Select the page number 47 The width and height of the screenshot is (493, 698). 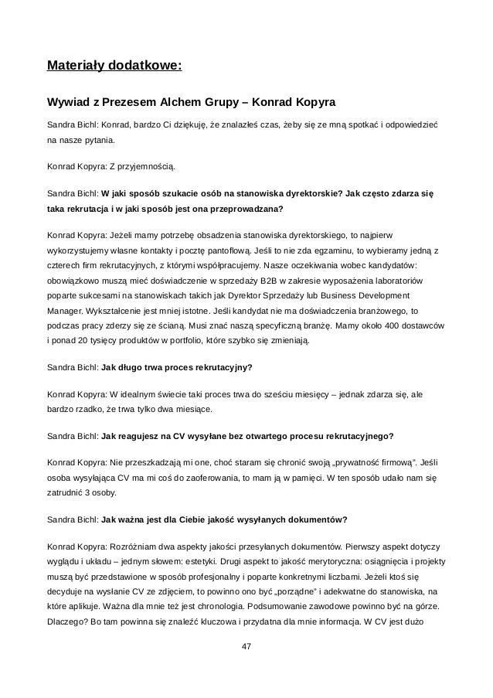pos(246,645)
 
